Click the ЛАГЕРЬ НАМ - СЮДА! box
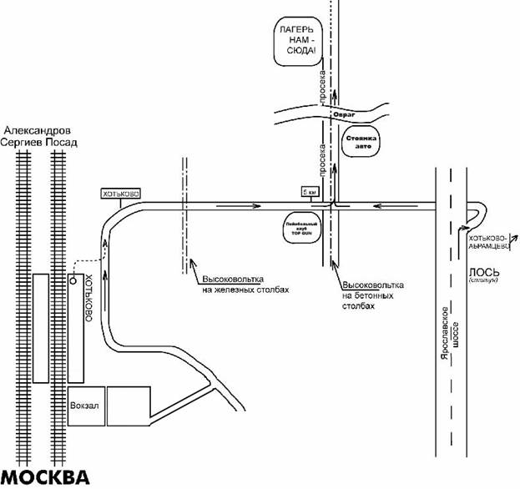(x=298, y=41)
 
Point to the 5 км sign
(x=310, y=192)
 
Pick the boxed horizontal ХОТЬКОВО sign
(x=120, y=194)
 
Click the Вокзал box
(x=86, y=406)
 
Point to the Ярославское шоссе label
(x=457, y=337)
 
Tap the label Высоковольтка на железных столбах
(x=245, y=285)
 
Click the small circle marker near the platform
(x=73, y=279)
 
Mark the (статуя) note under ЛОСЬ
(x=483, y=281)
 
